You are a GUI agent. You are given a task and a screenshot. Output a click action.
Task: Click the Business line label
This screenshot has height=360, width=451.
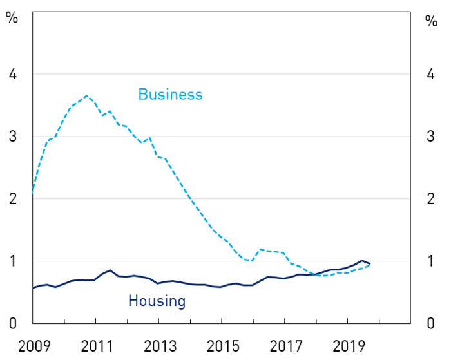(170, 95)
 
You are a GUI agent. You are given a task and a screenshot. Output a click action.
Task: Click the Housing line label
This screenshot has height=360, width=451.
(157, 301)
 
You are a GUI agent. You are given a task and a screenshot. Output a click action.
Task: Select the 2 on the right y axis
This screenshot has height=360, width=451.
(430, 199)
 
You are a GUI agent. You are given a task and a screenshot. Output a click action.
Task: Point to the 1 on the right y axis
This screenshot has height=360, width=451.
(430, 261)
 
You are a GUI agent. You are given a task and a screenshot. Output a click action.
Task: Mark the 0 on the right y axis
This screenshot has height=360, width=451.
(430, 323)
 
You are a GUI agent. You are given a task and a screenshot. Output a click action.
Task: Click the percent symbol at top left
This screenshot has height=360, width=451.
(12, 17)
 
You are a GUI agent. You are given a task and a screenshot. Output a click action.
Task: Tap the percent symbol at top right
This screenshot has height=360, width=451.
(431, 21)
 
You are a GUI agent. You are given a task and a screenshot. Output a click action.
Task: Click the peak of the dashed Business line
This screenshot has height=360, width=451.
(87, 96)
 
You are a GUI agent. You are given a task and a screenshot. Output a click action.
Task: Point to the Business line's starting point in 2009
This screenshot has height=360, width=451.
(32, 192)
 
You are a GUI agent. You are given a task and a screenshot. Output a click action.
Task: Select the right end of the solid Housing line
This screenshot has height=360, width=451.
(370, 263)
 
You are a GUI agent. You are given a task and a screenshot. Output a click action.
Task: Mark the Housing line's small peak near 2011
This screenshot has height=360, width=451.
(110, 270)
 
